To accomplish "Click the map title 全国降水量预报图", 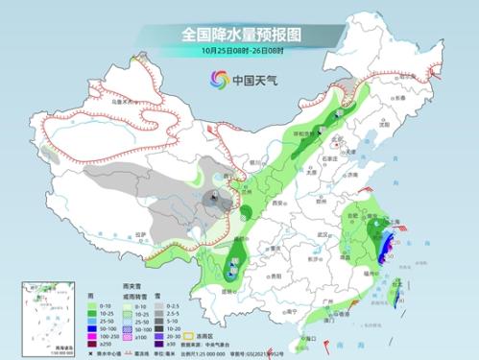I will [240, 33].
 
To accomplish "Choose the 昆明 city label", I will [228, 289].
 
